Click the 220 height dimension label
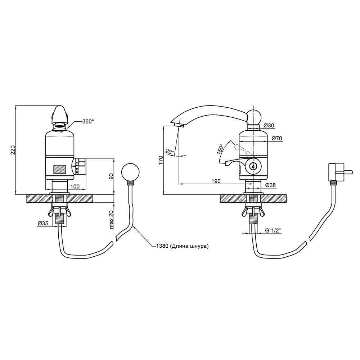pos(13,150)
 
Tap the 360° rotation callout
pos(88,121)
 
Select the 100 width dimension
pos(75,186)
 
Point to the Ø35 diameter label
pos(43,223)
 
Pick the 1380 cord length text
pos(182,246)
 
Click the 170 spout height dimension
pos(161,160)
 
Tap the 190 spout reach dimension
pos(216,181)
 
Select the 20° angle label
pos(170,152)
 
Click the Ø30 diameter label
pos(269,125)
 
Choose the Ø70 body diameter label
pos(276,139)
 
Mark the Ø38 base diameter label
pos(270,185)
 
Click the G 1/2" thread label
pos(273,230)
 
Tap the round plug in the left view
pos(130,172)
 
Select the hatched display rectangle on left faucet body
pos(60,170)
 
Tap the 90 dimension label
pos(111,176)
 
